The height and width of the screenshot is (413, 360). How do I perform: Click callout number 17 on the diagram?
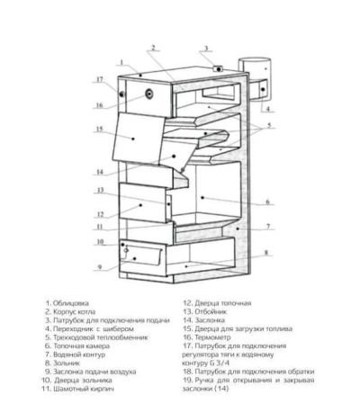pos(100,80)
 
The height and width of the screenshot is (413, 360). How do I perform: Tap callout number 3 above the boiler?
pos(206,49)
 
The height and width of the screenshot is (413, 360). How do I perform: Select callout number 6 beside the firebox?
pos(268,202)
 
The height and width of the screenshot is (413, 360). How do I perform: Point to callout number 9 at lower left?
pos(100,266)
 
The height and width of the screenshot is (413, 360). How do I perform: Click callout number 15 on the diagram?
pos(100,129)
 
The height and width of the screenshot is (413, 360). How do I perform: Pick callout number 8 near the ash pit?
pos(265,253)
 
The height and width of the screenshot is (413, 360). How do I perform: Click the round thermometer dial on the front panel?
pos(149,94)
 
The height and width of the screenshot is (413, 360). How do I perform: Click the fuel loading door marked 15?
pos(139,138)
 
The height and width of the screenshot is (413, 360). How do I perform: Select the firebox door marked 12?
pos(143,203)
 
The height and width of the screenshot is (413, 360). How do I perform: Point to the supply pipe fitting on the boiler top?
pos(218,69)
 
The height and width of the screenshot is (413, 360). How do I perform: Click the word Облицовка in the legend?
pos(71,303)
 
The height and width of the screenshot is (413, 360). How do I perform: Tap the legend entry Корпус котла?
pos(74,312)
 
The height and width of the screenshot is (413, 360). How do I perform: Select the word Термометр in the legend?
pos(212,337)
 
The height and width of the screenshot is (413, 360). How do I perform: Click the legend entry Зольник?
pos(67,364)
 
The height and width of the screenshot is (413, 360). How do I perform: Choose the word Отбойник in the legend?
pos(211,312)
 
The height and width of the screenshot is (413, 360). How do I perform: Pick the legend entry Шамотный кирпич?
pos(84,389)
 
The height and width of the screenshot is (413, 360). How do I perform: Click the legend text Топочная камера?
pos(81,346)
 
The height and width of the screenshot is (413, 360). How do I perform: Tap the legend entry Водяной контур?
pos(79,355)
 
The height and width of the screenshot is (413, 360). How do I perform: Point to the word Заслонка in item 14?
pos(210,320)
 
